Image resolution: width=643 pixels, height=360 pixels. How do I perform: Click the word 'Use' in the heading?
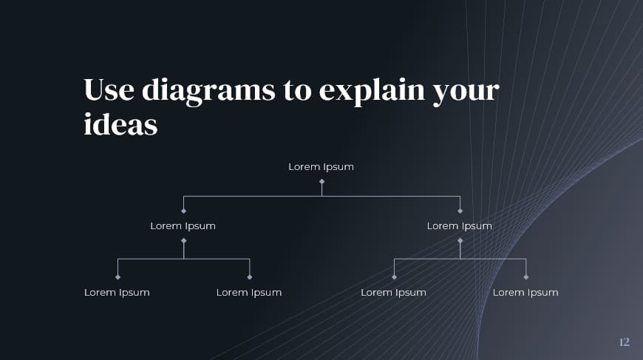109,90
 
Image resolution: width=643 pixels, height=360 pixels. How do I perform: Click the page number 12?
624,342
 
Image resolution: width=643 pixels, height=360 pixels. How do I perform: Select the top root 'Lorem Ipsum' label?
321,167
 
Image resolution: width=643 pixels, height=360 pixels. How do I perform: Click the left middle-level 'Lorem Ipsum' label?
183,226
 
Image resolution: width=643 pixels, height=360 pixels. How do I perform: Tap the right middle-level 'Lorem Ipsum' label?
459,226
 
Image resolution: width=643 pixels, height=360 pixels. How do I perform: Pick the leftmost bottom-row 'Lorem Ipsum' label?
117,293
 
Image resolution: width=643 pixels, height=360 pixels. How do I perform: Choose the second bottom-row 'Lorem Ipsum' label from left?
249,293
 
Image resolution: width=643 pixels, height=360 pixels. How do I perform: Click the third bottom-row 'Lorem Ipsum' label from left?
393,293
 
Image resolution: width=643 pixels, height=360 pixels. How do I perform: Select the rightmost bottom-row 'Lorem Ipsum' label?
525,293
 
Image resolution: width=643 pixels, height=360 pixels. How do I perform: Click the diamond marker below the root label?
321,181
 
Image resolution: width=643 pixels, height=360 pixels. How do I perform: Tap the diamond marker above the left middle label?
183,211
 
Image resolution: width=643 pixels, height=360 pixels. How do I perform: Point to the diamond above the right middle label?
460,211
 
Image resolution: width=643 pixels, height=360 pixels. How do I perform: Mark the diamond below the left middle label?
183,240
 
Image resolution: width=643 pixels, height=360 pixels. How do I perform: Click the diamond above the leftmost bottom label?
118,277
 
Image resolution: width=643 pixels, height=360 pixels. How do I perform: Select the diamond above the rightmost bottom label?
525,277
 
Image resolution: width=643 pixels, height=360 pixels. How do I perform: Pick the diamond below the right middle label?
460,240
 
